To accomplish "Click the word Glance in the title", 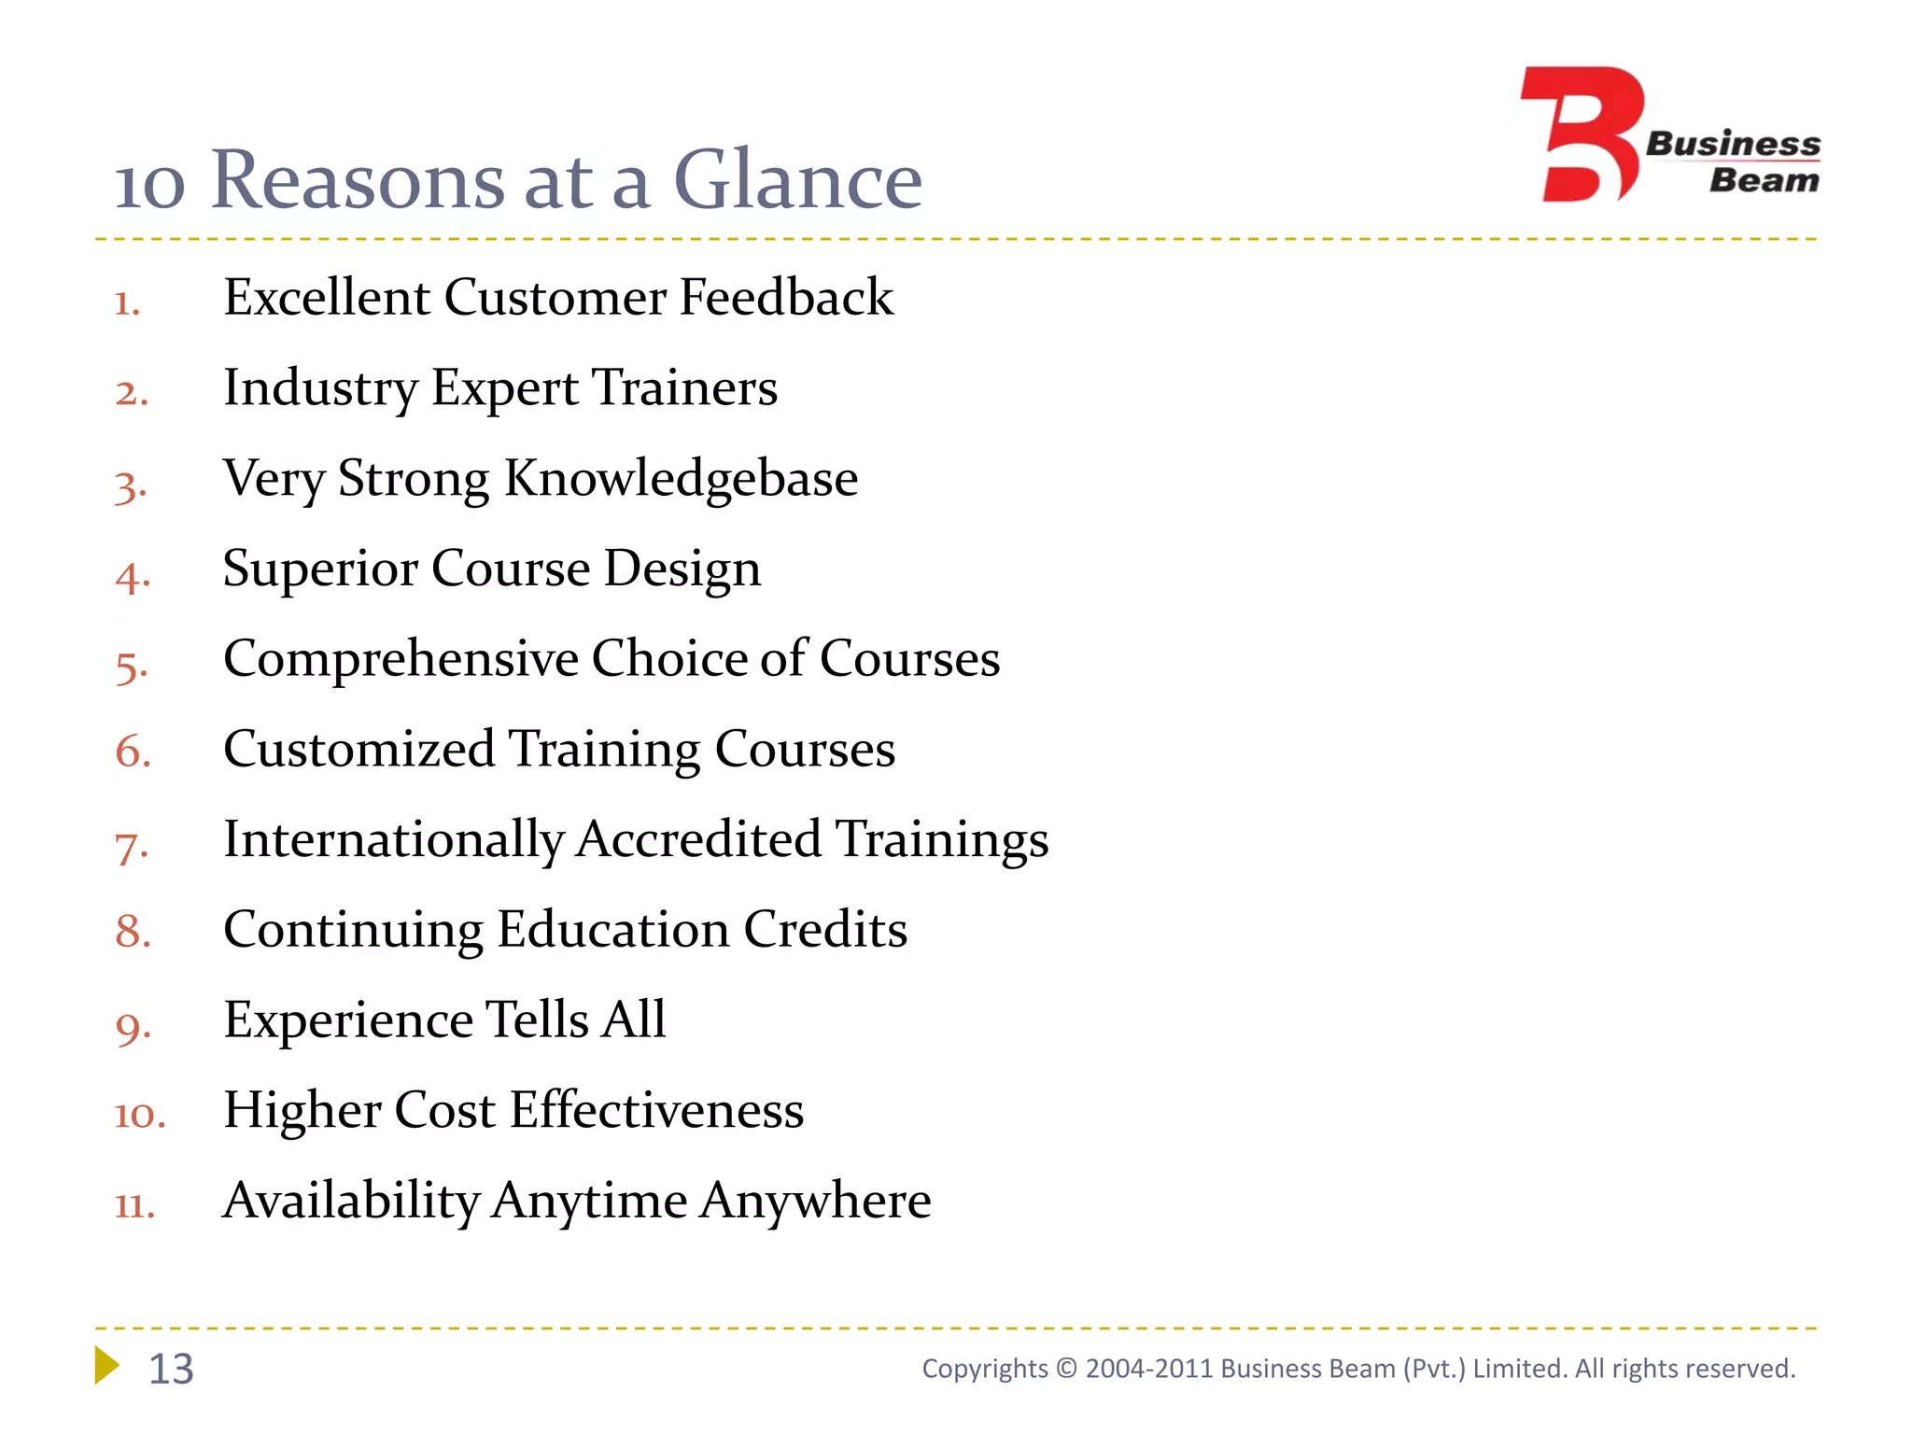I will click(797, 179).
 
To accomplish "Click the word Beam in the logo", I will click(1764, 180).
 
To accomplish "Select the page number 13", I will click(171, 1369).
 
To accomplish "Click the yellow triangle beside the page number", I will click(106, 1365).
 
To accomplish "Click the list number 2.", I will click(131, 392).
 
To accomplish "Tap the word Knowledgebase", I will click(681, 479).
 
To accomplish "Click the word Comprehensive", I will click(401, 659).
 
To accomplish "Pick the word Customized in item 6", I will click(359, 750).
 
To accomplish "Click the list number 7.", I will click(131, 846).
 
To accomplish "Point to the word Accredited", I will click(698, 839).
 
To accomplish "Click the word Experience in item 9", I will click(347, 1020).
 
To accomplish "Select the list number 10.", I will click(139, 1115).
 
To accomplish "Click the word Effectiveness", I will click(656, 1111).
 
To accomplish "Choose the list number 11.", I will click(134, 1205).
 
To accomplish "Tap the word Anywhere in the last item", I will click(815, 1202).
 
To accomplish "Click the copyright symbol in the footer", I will click(1066, 1369).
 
